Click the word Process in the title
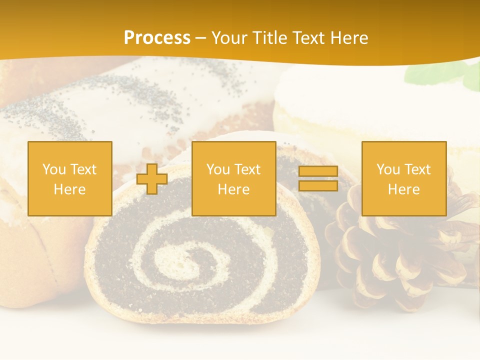(x=157, y=38)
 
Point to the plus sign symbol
(x=152, y=179)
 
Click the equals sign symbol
(x=318, y=179)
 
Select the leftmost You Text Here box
(x=69, y=179)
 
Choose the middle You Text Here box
(x=233, y=179)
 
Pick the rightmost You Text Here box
(x=403, y=179)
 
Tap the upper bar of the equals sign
(x=318, y=171)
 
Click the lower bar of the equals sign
(x=318, y=186)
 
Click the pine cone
(x=395, y=255)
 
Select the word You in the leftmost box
(x=53, y=169)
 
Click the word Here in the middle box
(x=233, y=189)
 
